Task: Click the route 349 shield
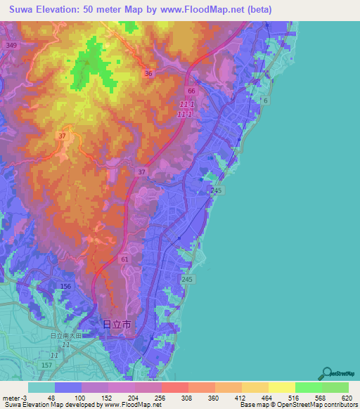click(10, 45)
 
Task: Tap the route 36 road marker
click(148, 73)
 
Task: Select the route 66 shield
click(191, 91)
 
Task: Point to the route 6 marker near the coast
click(266, 101)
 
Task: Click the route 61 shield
click(124, 259)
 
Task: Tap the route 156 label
click(66, 287)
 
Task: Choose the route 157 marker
click(46, 366)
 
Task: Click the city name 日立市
click(117, 325)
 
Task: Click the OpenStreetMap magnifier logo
click(326, 373)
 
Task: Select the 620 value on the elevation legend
click(345, 397)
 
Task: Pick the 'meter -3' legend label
click(15, 397)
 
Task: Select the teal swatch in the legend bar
click(41, 387)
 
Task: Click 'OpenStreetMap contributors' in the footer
click(320, 405)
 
